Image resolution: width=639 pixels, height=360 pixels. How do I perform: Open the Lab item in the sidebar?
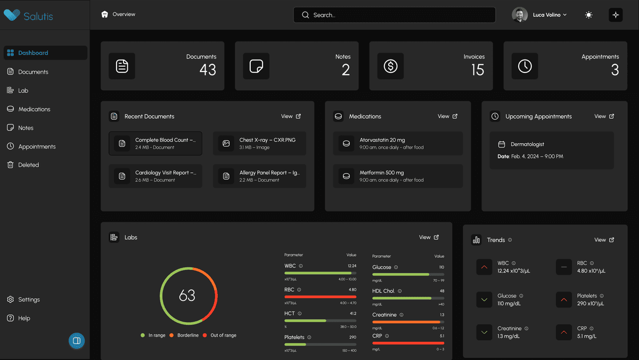tap(23, 91)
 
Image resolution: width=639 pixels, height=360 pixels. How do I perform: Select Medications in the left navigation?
tap(34, 109)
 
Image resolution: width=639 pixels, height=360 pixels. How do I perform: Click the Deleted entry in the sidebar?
tap(28, 165)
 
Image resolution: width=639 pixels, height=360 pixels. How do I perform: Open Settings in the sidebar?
tap(29, 300)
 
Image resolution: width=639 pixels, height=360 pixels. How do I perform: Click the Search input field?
tap(394, 15)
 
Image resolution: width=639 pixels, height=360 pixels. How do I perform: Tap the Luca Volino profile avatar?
tap(520, 15)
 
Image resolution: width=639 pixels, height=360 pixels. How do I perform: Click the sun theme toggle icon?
tap(588, 15)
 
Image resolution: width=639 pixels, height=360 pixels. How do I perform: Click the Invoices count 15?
tap(478, 70)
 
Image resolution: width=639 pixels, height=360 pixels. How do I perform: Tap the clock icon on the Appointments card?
tap(525, 66)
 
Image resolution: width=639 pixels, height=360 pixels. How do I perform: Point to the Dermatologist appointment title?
tap(527, 144)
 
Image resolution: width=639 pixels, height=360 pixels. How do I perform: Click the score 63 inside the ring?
tap(187, 296)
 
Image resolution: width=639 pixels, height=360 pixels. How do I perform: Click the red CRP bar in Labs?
tap(408, 343)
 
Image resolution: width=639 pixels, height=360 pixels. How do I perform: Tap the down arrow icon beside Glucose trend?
tap(484, 300)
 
